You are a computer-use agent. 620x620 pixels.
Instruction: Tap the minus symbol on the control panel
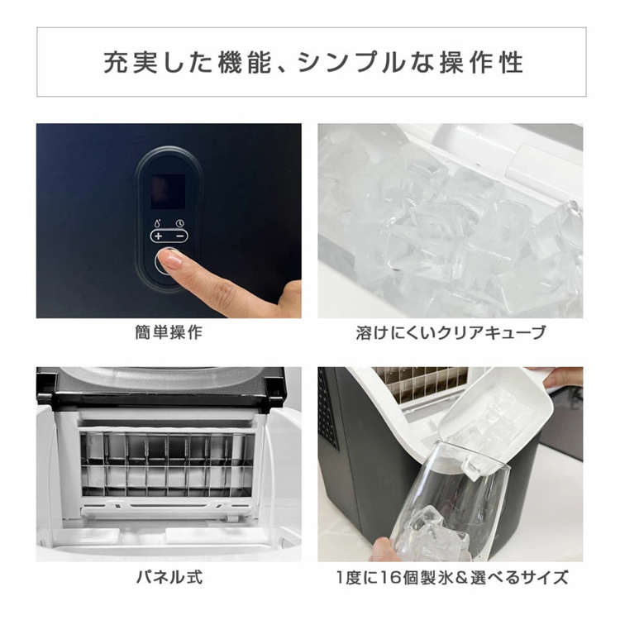click(179, 236)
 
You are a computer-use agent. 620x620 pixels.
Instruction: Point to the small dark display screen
click(169, 190)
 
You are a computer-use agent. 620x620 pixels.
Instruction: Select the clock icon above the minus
click(179, 222)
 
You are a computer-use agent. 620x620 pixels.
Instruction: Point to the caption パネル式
click(169, 576)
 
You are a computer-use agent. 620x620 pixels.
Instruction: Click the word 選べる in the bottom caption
click(496, 576)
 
